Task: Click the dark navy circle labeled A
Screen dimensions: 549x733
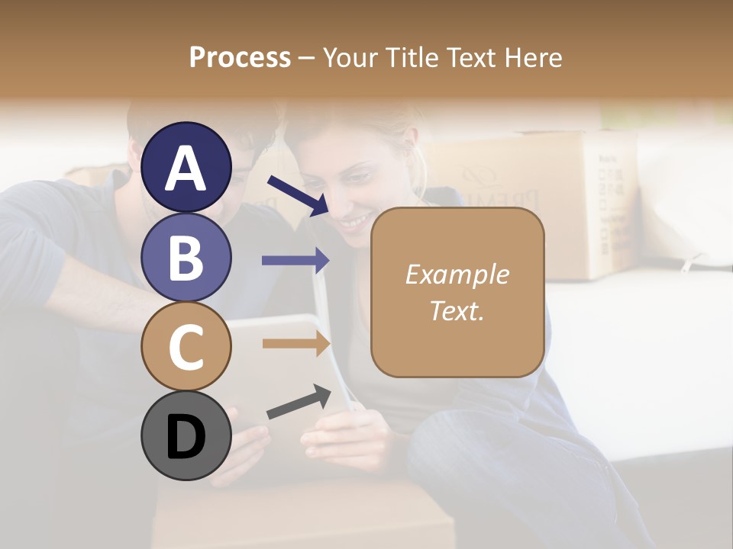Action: tap(186, 168)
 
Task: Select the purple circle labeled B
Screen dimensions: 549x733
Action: tap(186, 257)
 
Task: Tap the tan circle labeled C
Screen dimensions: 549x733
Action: tap(186, 346)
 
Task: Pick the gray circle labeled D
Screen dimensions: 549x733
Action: tap(186, 435)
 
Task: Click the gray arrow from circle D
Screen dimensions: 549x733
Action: tap(298, 402)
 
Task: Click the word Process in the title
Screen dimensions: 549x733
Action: tap(240, 57)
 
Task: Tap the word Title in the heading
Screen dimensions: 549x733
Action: tap(412, 57)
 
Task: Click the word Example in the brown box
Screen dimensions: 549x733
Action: tap(457, 274)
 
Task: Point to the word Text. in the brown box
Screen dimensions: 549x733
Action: tap(457, 310)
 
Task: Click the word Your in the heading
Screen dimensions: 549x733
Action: tap(351, 57)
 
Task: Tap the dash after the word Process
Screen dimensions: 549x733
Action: tap(307, 58)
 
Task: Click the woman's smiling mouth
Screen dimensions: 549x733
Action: tap(354, 223)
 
